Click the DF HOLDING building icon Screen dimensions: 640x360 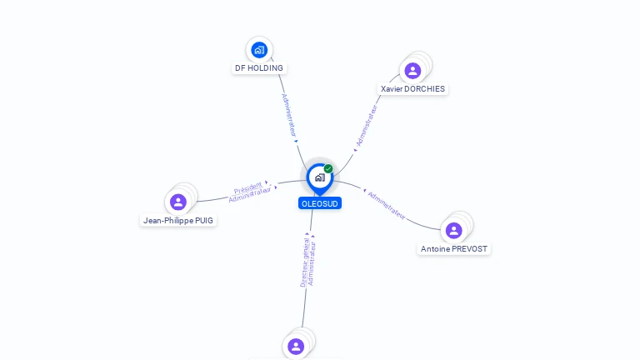click(x=259, y=50)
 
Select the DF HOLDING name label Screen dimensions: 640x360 click(x=258, y=68)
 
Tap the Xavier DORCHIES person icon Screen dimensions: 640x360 click(x=412, y=71)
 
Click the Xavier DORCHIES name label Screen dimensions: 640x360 click(x=412, y=89)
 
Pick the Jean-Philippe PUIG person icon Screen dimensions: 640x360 click(x=178, y=202)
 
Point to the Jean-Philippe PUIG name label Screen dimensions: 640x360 click(x=178, y=221)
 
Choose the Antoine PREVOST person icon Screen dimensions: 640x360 click(x=453, y=230)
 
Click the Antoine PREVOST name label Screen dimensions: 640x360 click(x=454, y=249)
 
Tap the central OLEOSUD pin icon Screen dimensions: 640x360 click(x=319, y=177)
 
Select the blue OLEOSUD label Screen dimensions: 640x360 click(x=320, y=203)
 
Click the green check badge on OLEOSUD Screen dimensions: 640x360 click(x=328, y=168)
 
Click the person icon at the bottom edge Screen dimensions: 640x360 click(x=296, y=346)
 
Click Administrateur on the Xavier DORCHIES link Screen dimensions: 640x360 click(x=367, y=127)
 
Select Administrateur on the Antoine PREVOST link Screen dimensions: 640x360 click(x=387, y=205)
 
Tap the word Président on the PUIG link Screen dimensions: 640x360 click(x=247, y=187)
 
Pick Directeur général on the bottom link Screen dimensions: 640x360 click(x=304, y=260)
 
